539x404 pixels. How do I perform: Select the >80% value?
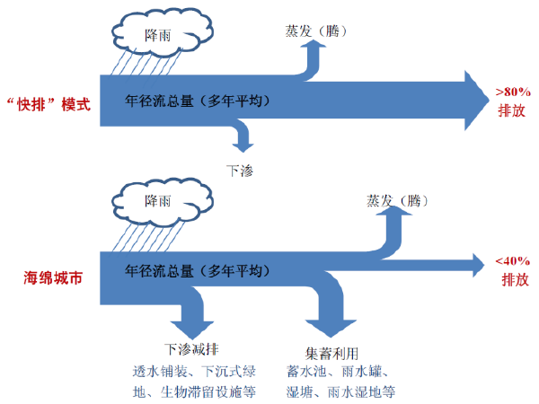(x=513, y=92)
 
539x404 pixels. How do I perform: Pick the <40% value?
(x=512, y=261)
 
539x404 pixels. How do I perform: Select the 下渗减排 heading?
(x=193, y=348)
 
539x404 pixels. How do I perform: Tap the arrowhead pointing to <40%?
(x=472, y=261)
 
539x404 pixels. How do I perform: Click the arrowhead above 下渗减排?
(x=190, y=321)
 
